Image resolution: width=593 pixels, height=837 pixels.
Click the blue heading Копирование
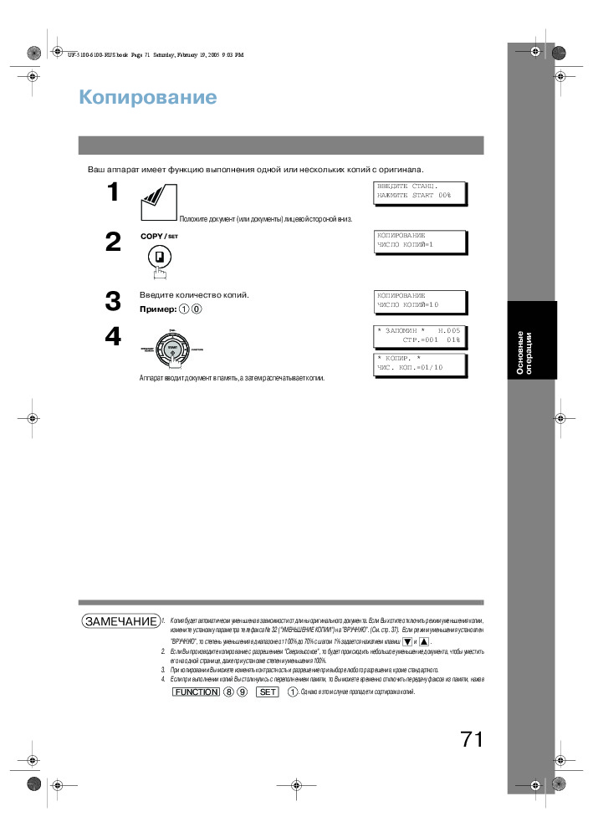147,98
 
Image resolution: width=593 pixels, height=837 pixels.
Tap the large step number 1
112,192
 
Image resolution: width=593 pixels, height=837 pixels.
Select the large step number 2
113,242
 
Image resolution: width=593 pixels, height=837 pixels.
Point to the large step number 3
113,301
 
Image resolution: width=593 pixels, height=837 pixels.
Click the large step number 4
113,336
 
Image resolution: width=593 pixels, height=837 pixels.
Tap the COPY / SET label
159,236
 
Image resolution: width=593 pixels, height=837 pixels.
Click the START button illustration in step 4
172,348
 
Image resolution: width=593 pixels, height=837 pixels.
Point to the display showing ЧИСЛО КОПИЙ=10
418,300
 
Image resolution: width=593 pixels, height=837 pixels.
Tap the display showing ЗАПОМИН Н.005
418,336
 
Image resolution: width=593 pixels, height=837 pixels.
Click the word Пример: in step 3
157,309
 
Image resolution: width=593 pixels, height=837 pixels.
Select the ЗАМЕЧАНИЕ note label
120,621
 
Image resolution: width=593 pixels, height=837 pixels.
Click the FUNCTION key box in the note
195,692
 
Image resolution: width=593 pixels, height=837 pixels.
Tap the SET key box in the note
267,692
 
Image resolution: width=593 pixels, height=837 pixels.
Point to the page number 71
471,738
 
